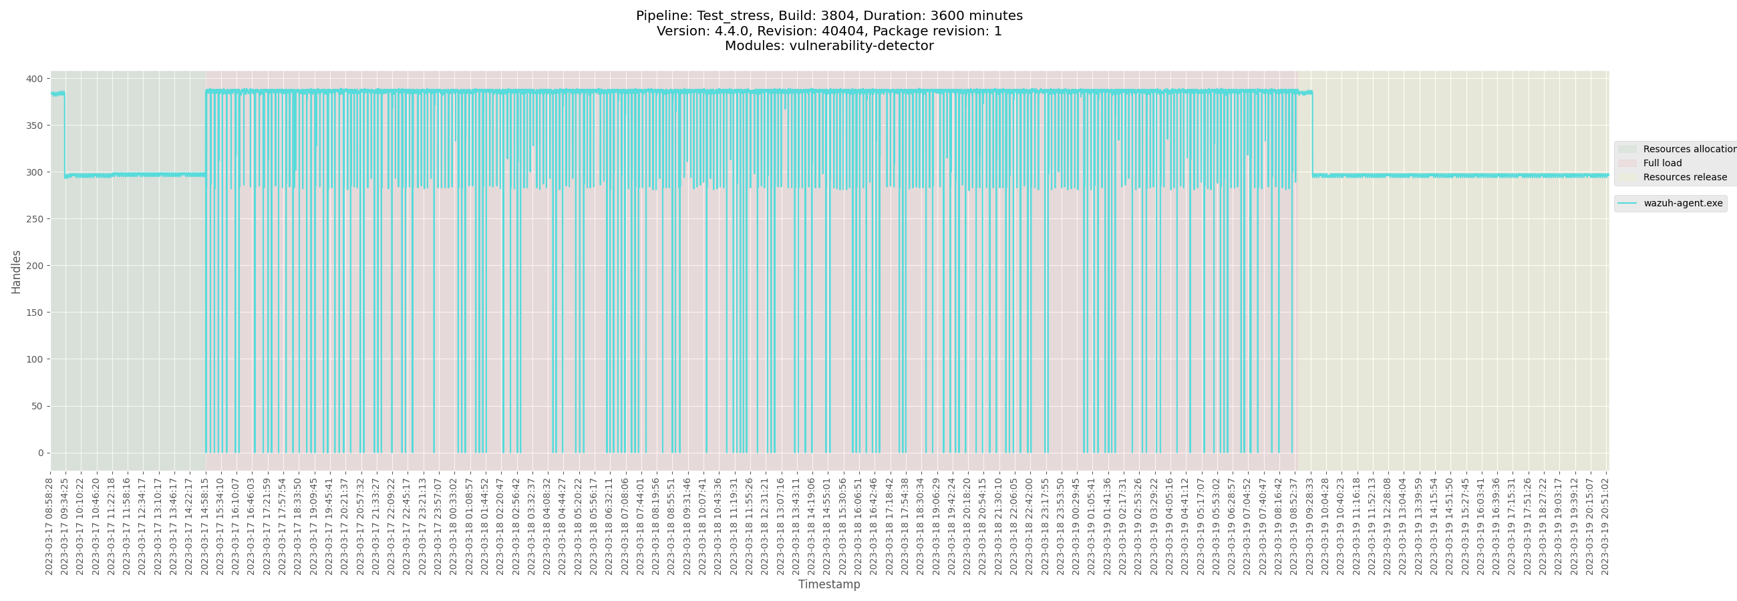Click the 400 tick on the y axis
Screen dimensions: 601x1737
(34, 79)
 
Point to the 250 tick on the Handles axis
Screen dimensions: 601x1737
(34, 219)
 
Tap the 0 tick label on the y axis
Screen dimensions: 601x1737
(41, 453)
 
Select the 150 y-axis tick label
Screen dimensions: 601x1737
(34, 313)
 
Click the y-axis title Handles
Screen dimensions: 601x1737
(16, 272)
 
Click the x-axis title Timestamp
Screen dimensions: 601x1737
(828, 584)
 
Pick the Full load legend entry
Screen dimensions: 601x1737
(1662, 163)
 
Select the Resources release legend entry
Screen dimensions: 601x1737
(1684, 177)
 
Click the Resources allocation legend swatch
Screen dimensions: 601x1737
(1627, 149)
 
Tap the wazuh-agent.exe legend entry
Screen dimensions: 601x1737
(1682, 204)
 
